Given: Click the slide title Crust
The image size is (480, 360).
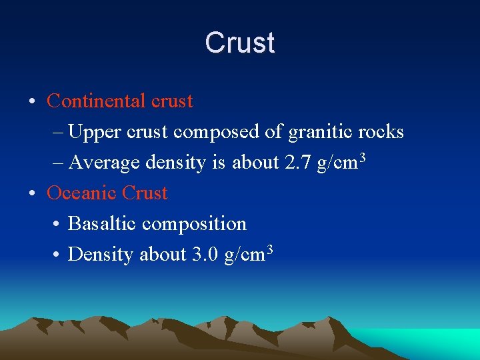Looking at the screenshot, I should (240, 43).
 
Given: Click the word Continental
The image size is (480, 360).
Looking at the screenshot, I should (97, 101).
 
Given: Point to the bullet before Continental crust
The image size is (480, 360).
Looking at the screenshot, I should (32, 102).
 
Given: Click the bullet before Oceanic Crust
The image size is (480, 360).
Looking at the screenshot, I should (32, 194).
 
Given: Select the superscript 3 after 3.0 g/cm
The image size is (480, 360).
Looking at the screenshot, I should (269, 248).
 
